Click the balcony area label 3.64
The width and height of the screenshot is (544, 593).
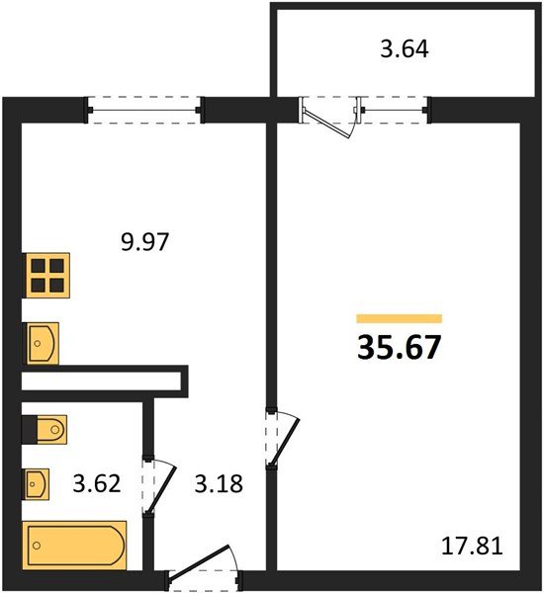coord(405,48)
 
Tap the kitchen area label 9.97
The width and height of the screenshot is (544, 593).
coord(143,242)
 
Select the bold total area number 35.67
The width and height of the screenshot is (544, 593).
coord(399,348)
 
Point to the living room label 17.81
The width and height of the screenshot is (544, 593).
coord(472,545)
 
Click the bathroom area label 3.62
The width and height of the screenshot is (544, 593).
coord(96,484)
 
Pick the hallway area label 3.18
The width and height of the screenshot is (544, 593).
coord(219,484)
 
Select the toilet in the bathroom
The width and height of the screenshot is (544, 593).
coord(49,429)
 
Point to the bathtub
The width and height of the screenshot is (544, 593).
coord(75,544)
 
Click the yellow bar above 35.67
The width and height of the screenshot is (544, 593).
coord(399,317)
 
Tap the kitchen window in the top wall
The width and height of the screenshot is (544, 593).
coord(144,108)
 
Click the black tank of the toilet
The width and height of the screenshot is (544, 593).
coord(29,429)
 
